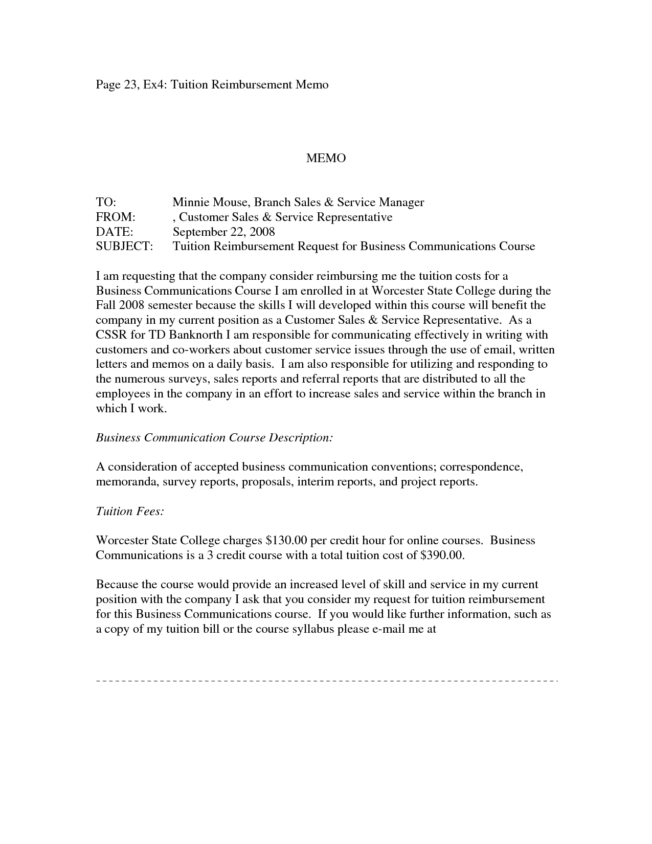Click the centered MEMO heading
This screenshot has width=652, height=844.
point(326,159)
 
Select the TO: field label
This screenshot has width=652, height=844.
point(106,203)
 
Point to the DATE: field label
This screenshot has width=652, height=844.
point(115,232)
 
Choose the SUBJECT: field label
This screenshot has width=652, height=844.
point(124,247)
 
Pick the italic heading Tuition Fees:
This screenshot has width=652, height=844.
point(130,512)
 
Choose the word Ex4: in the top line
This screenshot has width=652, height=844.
point(154,84)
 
